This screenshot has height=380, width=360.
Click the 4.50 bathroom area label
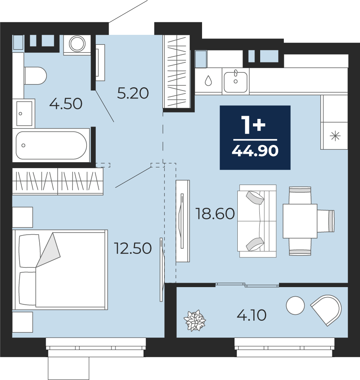coord(66,104)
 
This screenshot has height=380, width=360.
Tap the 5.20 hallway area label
coord(133,93)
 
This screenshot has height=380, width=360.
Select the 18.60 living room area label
coord(215,214)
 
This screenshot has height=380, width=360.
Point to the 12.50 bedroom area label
coord(133,248)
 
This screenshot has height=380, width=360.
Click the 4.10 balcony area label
coord(252,315)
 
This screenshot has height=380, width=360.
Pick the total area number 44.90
coord(255,151)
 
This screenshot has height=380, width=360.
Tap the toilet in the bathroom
coord(35,76)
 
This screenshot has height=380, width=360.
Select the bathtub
coord(51,145)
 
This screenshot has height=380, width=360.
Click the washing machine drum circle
coord(77,44)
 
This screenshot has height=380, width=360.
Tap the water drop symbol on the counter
coord(208,80)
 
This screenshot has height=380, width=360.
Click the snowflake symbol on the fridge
coord(335,136)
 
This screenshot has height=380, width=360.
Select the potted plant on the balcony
coord(195,320)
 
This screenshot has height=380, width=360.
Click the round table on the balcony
coord(295,306)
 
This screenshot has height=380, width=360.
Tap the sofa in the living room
coord(257,221)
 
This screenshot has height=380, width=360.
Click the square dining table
coord(300,221)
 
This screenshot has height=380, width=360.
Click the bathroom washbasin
coord(24,113)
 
